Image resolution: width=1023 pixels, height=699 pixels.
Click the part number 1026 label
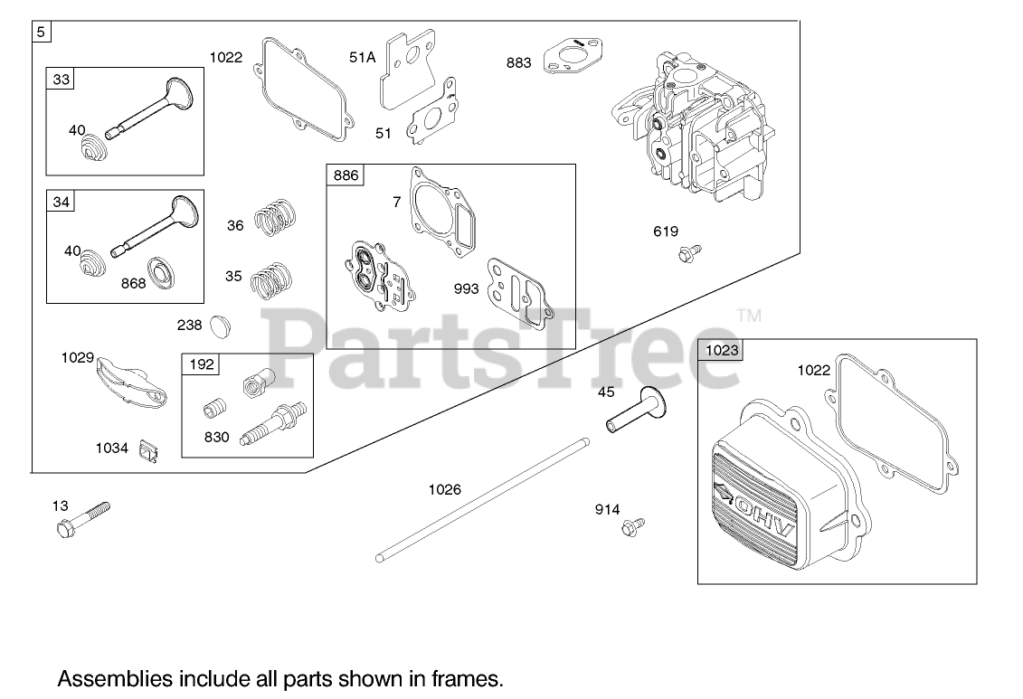[x=444, y=489]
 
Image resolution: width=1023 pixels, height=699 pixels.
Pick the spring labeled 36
[x=275, y=220]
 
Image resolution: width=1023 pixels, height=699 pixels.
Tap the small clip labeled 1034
[x=150, y=449]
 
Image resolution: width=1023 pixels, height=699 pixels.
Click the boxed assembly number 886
[x=346, y=175]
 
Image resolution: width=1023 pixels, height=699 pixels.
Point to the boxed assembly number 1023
[x=722, y=351]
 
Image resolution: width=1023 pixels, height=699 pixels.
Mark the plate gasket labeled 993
[x=519, y=290]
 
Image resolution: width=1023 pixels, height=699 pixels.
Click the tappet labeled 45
[x=636, y=411]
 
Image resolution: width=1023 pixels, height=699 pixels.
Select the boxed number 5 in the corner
[x=41, y=32]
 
